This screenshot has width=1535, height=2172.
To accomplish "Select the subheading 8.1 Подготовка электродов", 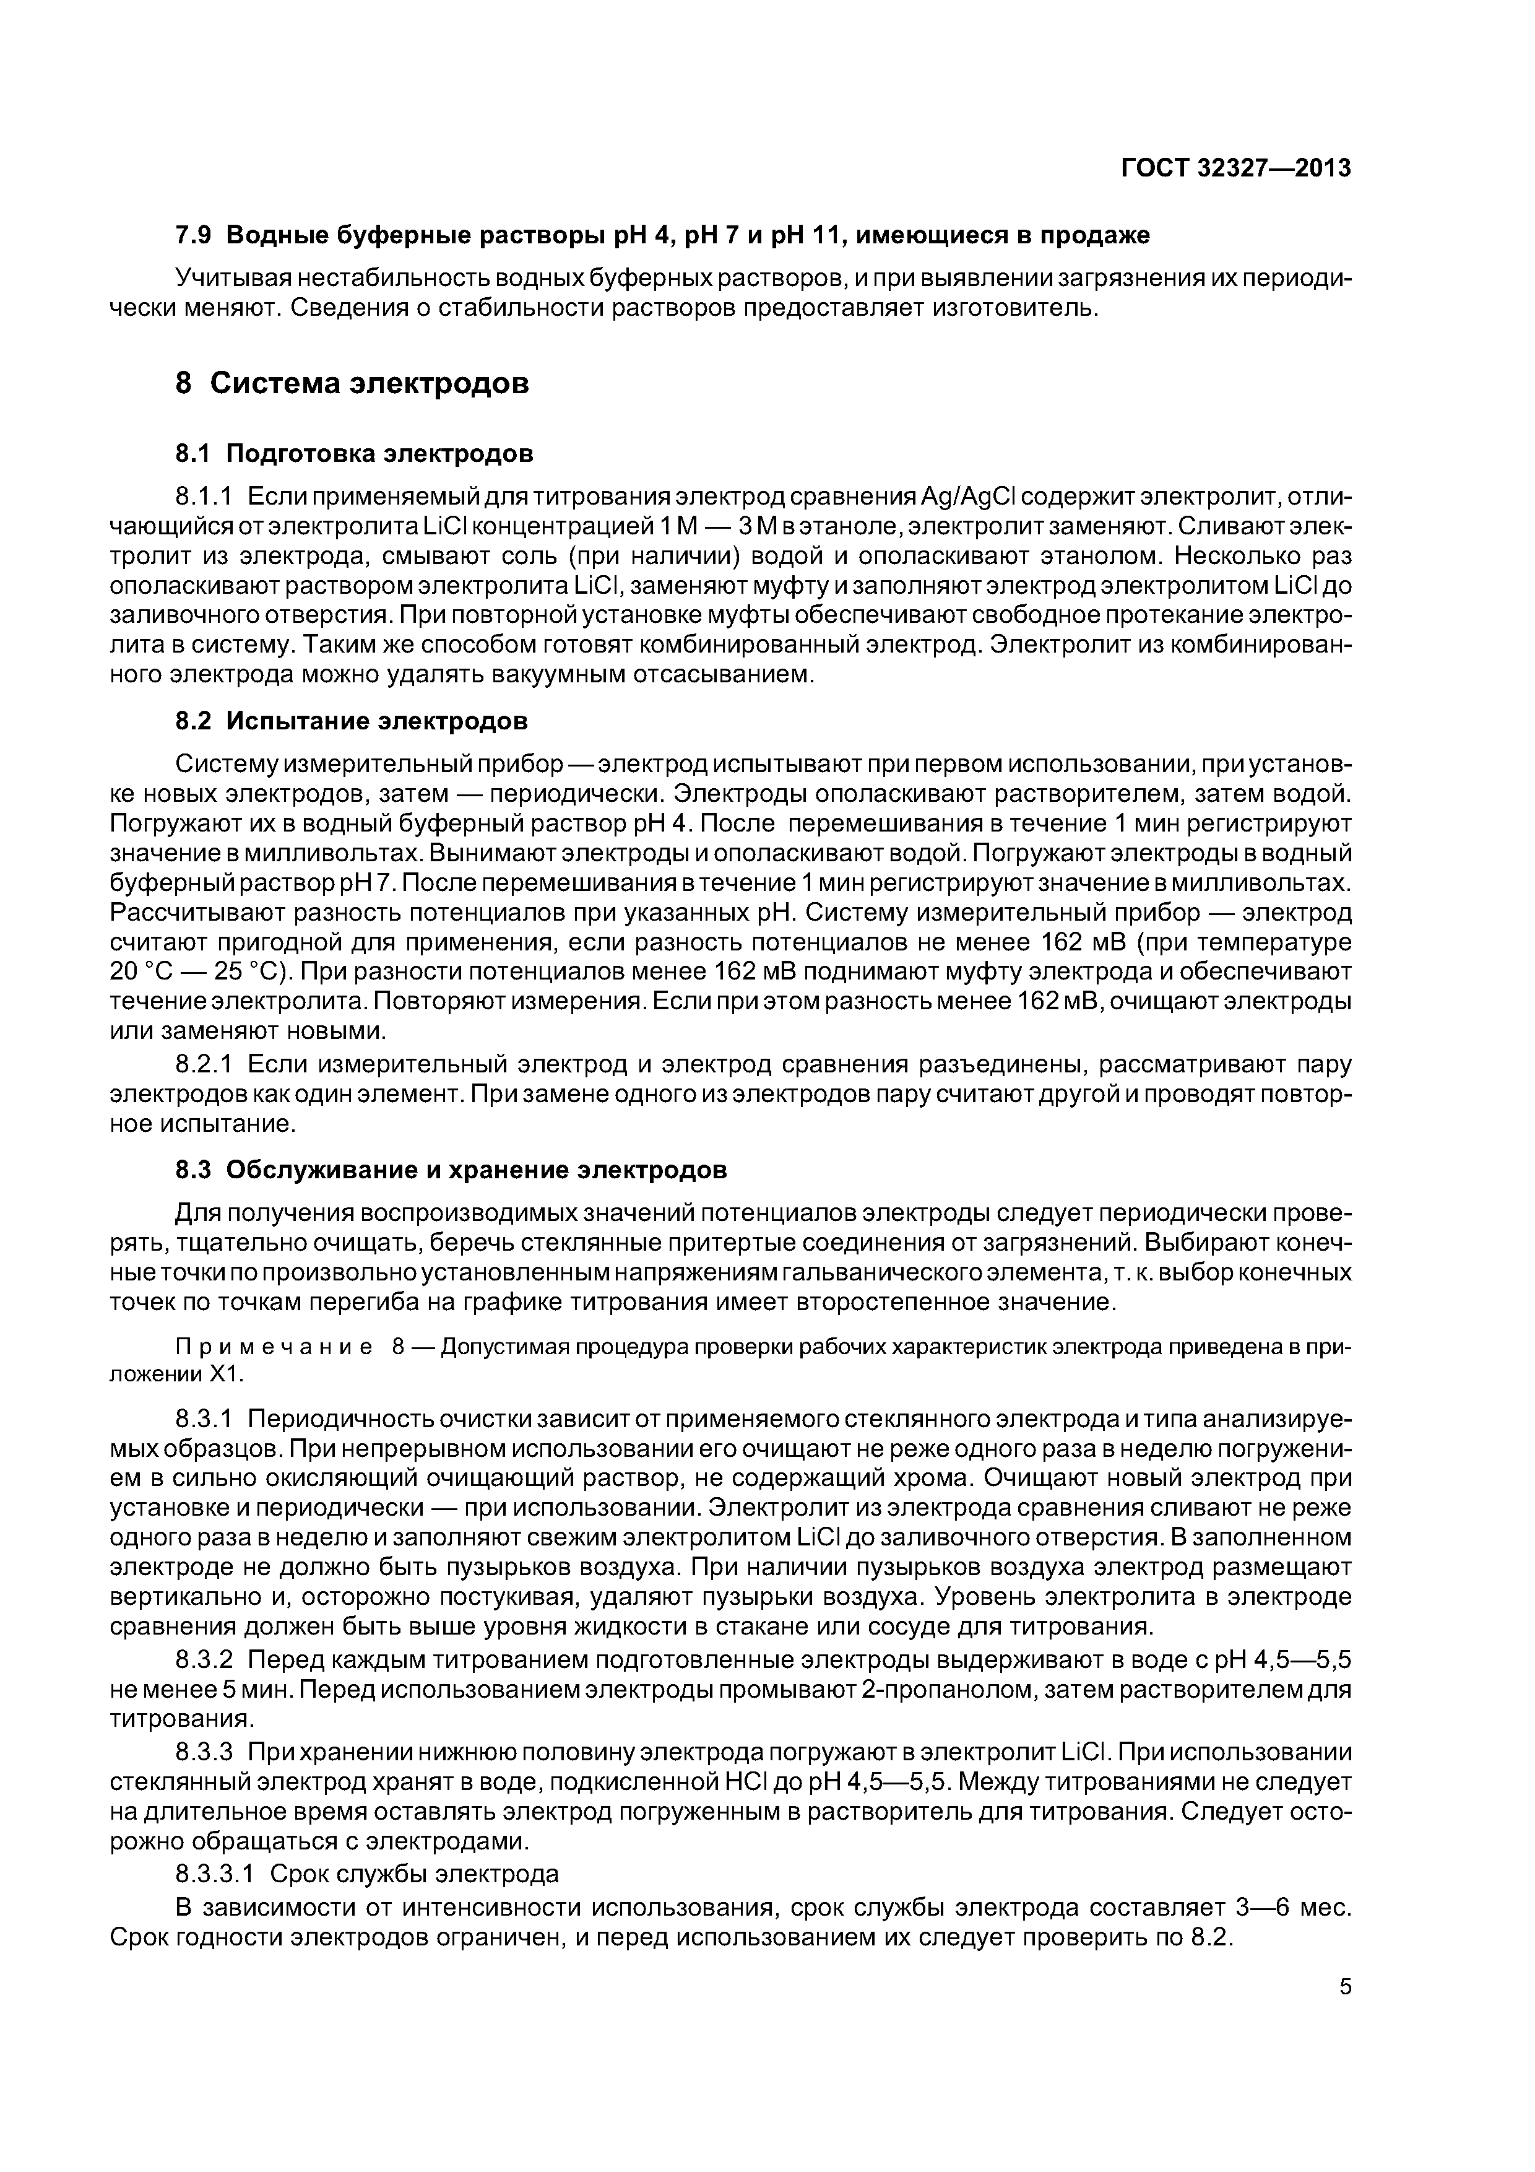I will (x=355, y=453).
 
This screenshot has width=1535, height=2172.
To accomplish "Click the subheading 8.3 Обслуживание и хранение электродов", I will (x=452, y=1170).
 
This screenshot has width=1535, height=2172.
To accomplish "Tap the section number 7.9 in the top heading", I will (x=196, y=235).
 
